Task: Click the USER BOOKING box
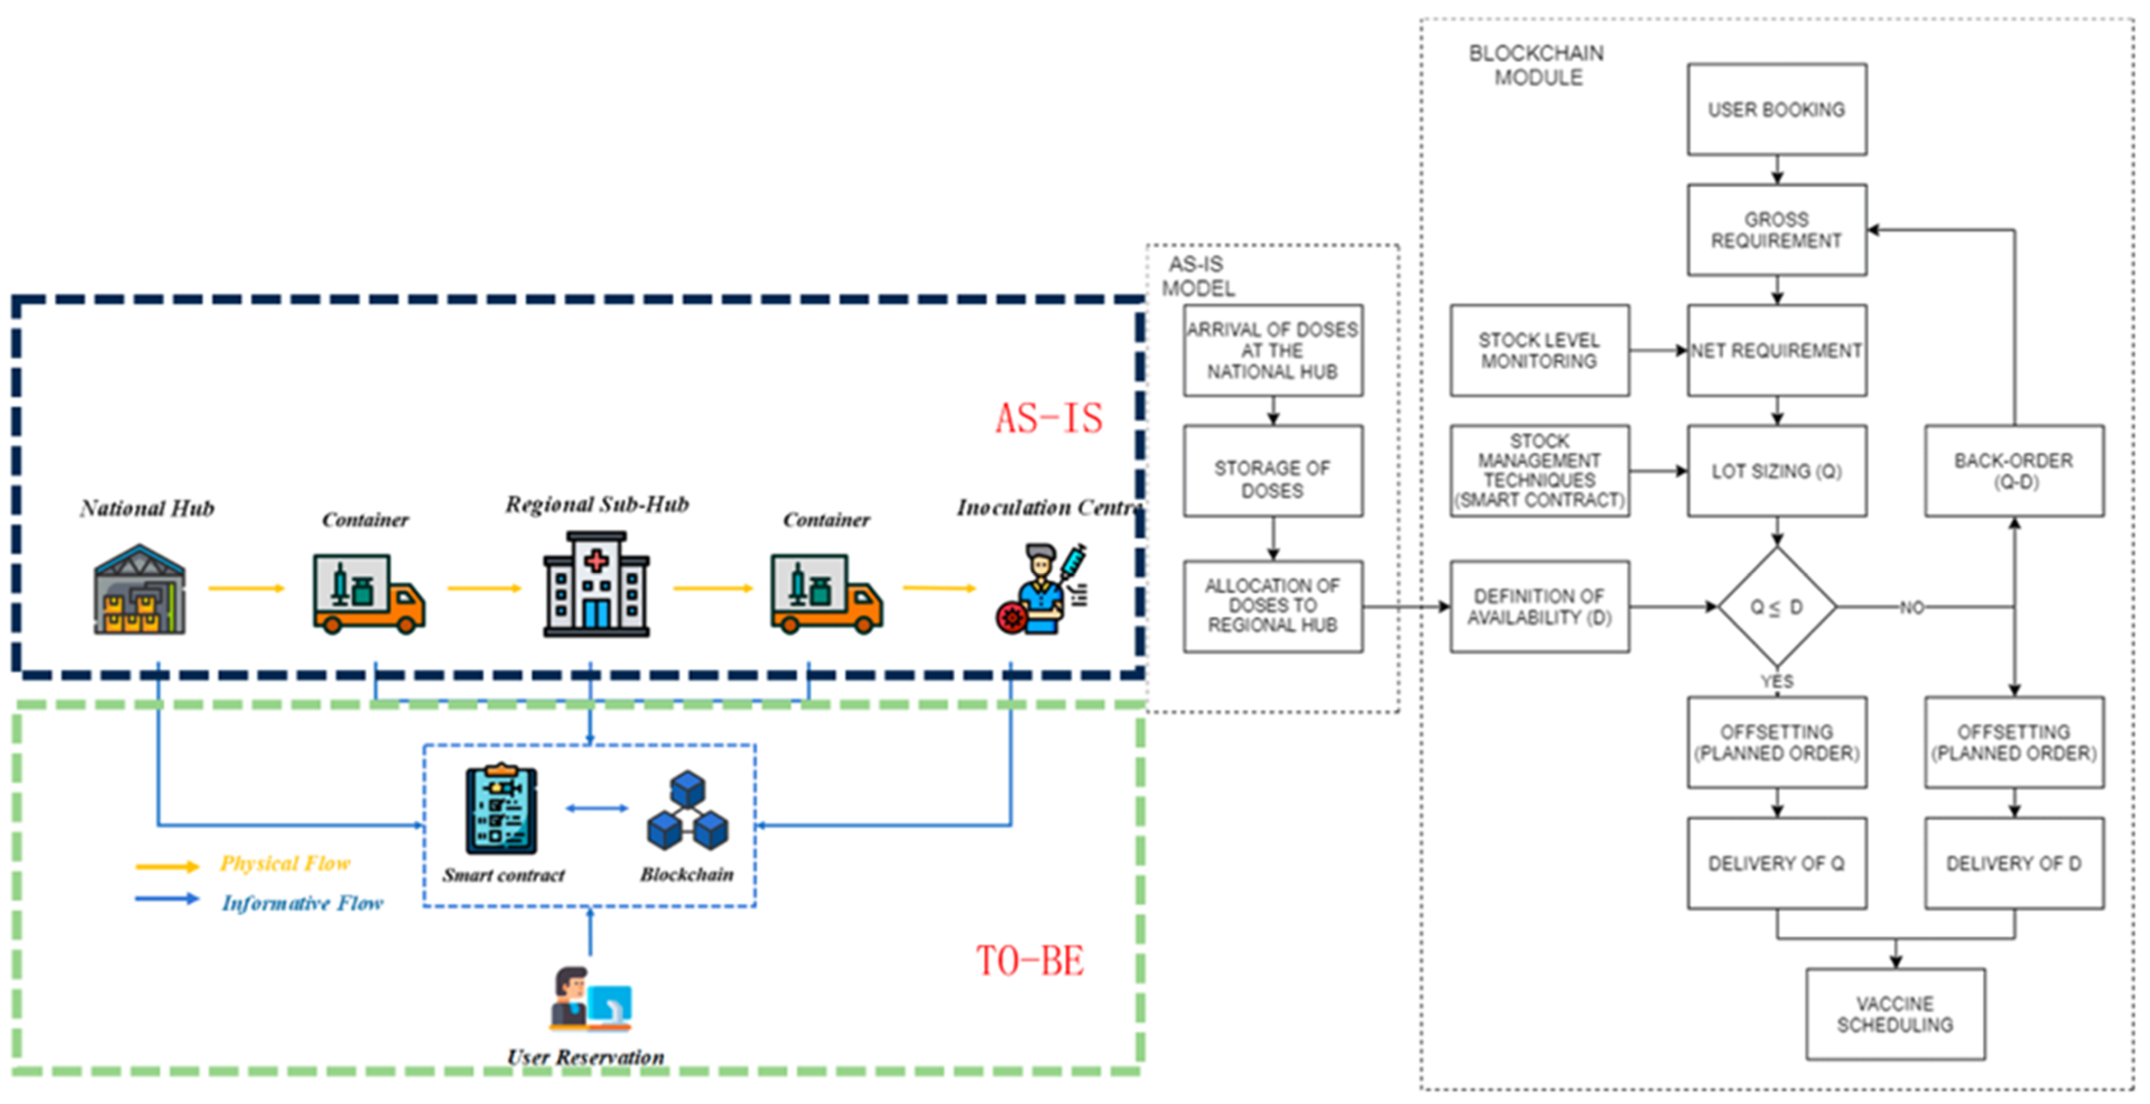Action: pos(1776,109)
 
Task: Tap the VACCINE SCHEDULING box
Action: pos(1895,1014)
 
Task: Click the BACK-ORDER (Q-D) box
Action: pos(2013,471)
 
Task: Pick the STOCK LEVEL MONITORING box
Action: pos(1539,350)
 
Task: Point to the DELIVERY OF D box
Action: pos(2013,863)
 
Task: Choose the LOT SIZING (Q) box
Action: pos(1776,471)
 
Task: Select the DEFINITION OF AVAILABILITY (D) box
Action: pos(1539,606)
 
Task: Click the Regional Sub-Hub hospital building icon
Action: pos(596,585)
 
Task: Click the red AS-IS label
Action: pos(1048,418)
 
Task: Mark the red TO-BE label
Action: pos(1030,960)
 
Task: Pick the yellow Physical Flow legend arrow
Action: pos(167,867)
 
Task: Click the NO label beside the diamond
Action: pos(1911,607)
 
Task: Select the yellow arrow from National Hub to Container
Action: pos(246,588)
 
